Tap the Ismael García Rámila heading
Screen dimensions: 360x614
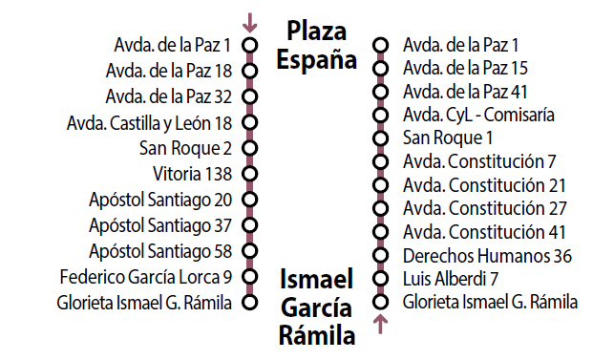pos(316,306)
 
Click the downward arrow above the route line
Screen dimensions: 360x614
pos(250,21)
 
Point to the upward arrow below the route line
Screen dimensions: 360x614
pos(380,325)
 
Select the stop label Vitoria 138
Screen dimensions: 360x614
pos(192,174)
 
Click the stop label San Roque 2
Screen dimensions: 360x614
pos(185,148)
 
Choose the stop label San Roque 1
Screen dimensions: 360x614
pos(441,138)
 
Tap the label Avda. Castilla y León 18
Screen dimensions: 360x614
pos(150,122)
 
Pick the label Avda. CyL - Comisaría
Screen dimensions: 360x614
pos(479,116)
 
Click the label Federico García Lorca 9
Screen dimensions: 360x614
pos(146,278)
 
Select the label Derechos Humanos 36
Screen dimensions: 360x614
pos(487,255)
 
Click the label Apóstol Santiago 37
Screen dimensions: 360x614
pos(160,225)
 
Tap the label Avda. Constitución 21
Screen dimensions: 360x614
pos(485,185)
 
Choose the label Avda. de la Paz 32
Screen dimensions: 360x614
pos(169,95)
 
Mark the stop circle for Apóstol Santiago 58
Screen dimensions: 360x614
pos(250,251)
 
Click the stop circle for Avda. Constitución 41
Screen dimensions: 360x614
pos(380,232)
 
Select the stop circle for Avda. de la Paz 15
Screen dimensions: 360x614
pos(380,69)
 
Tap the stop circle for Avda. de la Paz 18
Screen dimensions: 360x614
pos(250,70)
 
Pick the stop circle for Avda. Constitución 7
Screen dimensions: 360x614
pos(380,162)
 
